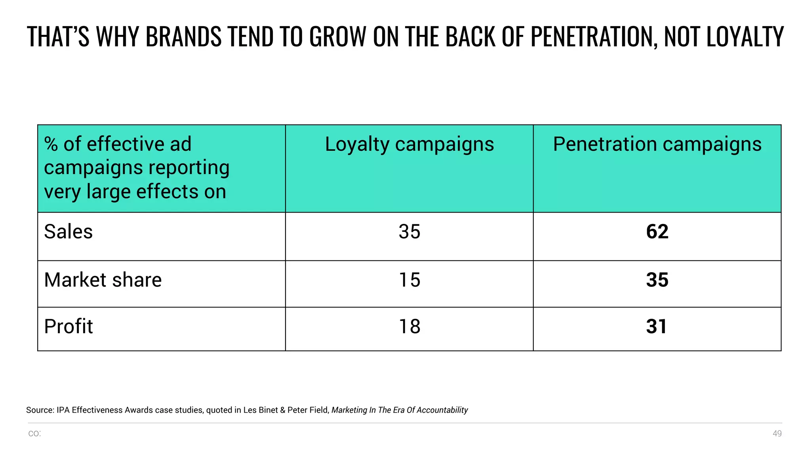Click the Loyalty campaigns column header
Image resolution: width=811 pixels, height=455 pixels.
[409, 144]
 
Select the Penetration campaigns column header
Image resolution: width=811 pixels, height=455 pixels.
[657, 144]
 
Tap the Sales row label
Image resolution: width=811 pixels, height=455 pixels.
[68, 232]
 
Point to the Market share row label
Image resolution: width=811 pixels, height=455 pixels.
[103, 280]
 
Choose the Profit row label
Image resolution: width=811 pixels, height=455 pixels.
[68, 327]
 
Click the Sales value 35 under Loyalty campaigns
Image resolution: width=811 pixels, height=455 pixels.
[409, 232]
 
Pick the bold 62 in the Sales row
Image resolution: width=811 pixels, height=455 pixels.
[657, 232]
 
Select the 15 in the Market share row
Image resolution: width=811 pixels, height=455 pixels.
[409, 280]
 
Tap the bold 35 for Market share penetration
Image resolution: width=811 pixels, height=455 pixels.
[657, 280]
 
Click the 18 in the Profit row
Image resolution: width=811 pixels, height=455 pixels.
[409, 327]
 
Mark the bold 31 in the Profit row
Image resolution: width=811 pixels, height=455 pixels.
[656, 327]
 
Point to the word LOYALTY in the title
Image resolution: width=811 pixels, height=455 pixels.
[745, 37]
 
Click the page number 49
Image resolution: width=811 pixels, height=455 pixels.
[777, 434]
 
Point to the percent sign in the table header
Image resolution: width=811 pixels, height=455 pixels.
[51, 144]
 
